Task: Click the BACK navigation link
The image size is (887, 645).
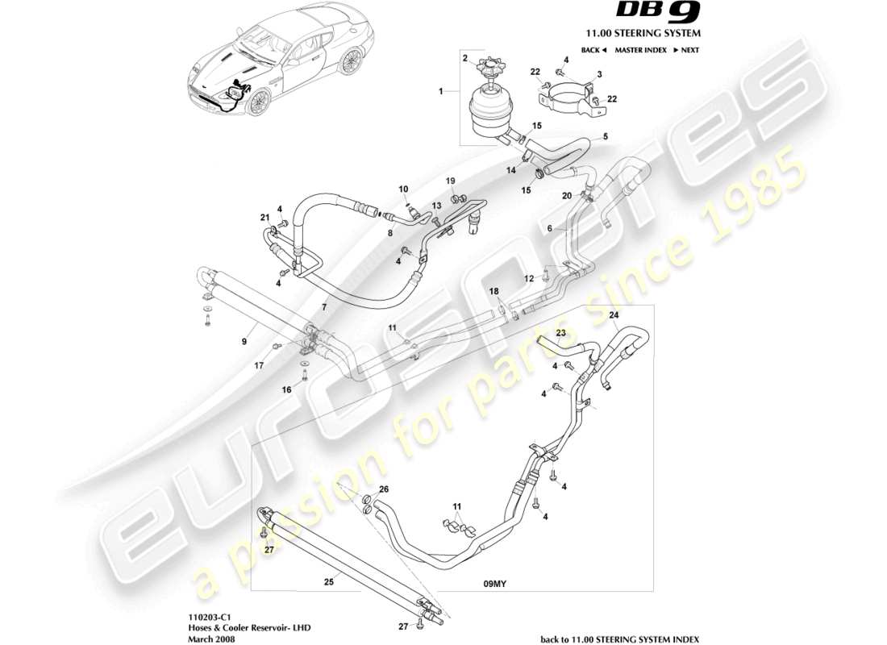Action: coord(592,50)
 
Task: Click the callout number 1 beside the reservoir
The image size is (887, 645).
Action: coord(441,93)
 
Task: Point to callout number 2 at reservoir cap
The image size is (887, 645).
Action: coord(465,58)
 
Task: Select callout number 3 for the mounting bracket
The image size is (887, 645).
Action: coord(599,74)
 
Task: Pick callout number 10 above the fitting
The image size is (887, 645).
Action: coord(404,189)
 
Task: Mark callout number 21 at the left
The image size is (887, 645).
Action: coord(264,217)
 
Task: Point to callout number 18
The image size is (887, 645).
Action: coord(494,290)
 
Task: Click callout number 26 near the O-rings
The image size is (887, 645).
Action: coord(384,489)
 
